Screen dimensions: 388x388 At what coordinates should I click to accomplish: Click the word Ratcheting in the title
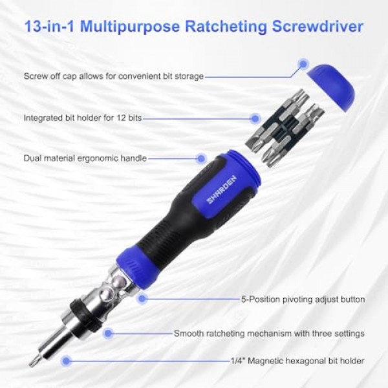226,27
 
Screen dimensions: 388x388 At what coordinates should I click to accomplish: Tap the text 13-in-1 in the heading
49,26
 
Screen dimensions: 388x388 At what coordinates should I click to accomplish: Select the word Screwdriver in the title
318,26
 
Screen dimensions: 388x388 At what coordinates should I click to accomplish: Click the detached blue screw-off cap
331,87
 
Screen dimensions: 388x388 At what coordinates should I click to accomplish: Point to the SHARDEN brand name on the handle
221,189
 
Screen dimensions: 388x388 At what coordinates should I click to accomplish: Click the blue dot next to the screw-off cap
303,64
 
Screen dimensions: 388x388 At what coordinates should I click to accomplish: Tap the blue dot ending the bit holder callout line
255,118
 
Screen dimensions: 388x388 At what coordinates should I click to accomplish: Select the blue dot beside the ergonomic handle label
201,158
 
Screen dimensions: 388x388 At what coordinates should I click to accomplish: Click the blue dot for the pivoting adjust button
142,299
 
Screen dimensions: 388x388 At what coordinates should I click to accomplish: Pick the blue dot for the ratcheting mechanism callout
108,333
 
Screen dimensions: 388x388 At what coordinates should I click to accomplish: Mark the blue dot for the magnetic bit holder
66,361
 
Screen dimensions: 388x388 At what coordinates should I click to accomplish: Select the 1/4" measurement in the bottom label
238,361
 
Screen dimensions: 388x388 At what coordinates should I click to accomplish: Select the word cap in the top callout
70,76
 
